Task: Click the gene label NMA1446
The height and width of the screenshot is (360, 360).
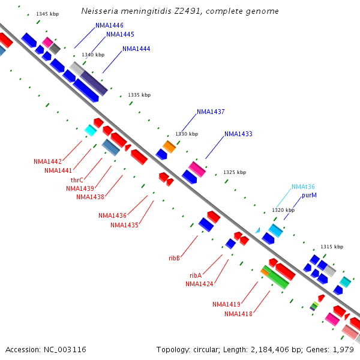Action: click(109, 26)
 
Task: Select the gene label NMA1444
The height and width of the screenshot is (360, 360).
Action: click(136, 49)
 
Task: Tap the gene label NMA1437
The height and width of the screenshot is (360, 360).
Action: click(211, 112)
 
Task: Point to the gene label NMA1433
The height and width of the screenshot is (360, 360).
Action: click(238, 134)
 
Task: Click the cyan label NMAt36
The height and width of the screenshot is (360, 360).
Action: click(303, 187)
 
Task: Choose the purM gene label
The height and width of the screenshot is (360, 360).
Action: click(310, 195)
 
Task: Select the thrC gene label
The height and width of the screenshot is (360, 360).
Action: click(77, 179)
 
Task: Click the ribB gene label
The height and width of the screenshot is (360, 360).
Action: click(175, 257)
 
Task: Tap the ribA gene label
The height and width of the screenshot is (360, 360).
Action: click(195, 275)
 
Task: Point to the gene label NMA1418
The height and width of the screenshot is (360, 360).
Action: click(239, 314)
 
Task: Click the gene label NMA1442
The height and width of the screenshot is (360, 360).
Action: click(47, 161)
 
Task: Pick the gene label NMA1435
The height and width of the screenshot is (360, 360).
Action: click(124, 225)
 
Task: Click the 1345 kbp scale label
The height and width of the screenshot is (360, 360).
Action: click(47, 13)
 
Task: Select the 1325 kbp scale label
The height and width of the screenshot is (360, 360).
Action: click(235, 172)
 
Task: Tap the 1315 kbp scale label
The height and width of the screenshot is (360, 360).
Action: click(332, 247)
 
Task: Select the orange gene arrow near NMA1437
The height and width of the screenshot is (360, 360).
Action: click(169, 146)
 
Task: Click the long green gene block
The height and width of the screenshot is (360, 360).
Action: click(275, 277)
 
